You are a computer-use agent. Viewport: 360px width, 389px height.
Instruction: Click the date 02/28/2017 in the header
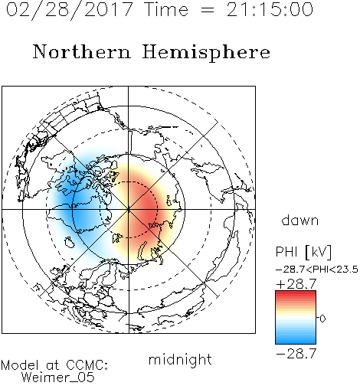click(70, 9)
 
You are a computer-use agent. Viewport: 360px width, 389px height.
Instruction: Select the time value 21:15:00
click(270, 9)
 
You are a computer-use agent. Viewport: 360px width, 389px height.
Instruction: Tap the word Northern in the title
click(82, 52)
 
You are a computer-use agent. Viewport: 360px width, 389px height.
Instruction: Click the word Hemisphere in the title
click(206, 53)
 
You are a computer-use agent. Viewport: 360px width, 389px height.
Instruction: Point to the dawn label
click(300, 221)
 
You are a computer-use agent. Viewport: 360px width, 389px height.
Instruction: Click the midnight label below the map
click(180, 360)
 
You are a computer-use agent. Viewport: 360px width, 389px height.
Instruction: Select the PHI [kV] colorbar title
click(304, 252)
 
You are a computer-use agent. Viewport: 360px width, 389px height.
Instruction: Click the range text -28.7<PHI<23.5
click(317, 270)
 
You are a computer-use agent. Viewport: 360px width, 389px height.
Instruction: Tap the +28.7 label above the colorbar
click(296, 284)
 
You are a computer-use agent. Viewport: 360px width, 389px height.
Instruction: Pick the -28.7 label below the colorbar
click(296, 354)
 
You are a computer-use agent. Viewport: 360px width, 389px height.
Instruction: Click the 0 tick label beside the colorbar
click(322, 319)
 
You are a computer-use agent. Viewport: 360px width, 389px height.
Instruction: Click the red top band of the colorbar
click(296, 294)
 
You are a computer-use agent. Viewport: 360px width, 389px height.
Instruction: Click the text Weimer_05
click(58, 378)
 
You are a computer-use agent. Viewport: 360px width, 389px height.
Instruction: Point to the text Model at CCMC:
click(54, 365)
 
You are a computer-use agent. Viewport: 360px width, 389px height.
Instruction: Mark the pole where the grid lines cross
click(129, 209)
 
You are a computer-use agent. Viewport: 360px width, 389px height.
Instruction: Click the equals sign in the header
click(207, 10)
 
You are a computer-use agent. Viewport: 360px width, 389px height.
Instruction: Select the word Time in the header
click(166, 9)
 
